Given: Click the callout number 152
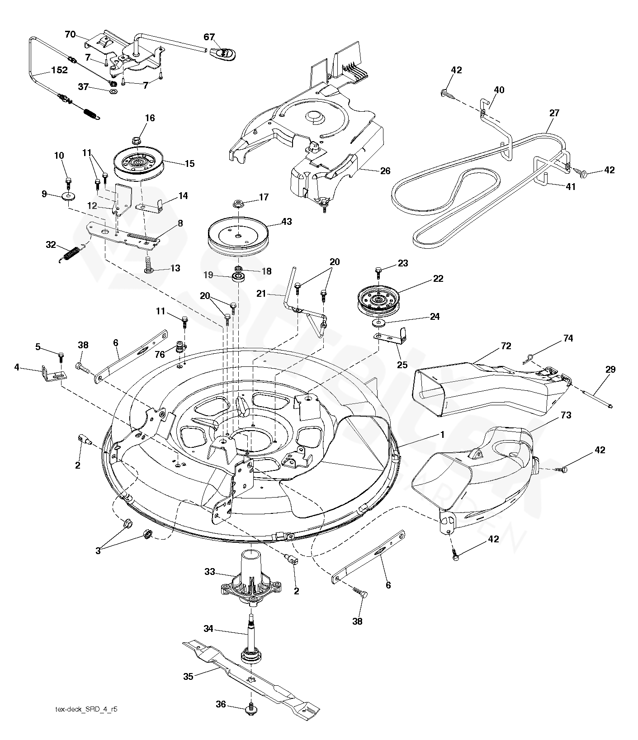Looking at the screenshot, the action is (59, 70).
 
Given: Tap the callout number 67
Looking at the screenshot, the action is (209, 37).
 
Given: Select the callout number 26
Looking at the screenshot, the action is (385, 171).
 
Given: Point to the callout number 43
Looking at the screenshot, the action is (286, 222).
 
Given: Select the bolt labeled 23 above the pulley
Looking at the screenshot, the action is (379, 274).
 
